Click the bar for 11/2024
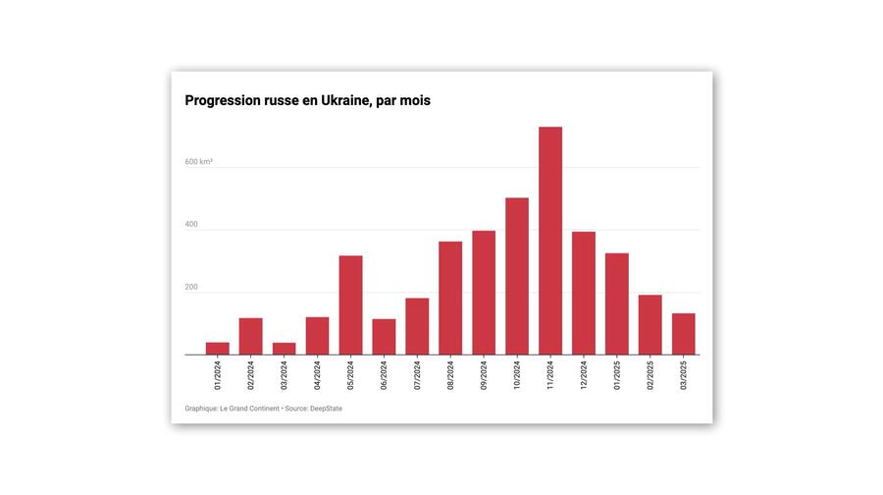pyautogui.click(x=550, y=241)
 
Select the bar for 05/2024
pyautogui.click(x=350, y=304)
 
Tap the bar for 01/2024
pyautogui.click(x=218, y=349)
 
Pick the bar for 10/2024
pyautogui.click(x=517, y=276)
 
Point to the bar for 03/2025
pyautogui.click(x=684, y=334)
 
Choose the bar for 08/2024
pyautogui.click(x=450, y=298)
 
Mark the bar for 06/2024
pyautogui.click(x=384, y=337)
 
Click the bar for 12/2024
pyautogui.click(x=584, y=293)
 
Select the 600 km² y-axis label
pyautogui.click(x=198, y=161)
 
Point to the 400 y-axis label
pyautogui.click(x=191, y=224)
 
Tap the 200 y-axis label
pyautogui.click(x=191, y=288)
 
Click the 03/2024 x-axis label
pyautogui.click(x=285, y=375)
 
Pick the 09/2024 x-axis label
pyautogui.click(x=484, y=375)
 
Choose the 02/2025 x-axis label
pyautogui.click(x=650, y=375)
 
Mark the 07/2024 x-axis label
pyautogui.click(x=417, y=375)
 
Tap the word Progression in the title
pyautogui.click(x=223, y=100)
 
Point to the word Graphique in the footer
pyautogui.click(x=202, y=409)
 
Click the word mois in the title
pyautogui.click(x=413, y=100)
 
